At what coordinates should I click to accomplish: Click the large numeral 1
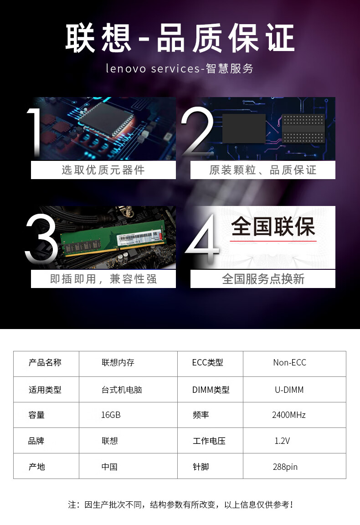(35, 133)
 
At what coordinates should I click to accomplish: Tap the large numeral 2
(198, 132)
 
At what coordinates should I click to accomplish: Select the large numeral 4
(202, 239)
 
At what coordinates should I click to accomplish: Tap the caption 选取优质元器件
(103, 170)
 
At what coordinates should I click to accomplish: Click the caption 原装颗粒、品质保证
(263, 170)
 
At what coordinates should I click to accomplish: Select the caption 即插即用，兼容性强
(103, 279)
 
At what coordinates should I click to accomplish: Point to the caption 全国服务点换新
(263, 279)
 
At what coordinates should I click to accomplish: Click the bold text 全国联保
(273, 226)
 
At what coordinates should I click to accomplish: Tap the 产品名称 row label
(45, 362)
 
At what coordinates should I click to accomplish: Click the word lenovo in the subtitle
(126, 68)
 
